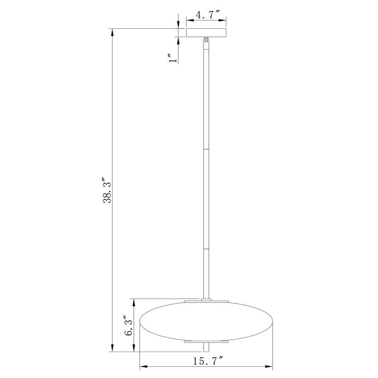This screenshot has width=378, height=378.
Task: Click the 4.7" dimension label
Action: click(207, 15)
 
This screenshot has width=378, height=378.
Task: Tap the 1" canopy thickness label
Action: click(173, 58)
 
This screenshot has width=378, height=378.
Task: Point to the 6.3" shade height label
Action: click(129, 326)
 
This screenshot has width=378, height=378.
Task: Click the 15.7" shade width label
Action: click(208, 361)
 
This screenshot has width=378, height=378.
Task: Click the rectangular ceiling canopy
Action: click(206, 33)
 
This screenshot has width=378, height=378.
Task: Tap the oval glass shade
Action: click(206, 321)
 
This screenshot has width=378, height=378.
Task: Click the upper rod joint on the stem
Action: click(206, 149)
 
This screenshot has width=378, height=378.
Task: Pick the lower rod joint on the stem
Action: click(206, 249)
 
